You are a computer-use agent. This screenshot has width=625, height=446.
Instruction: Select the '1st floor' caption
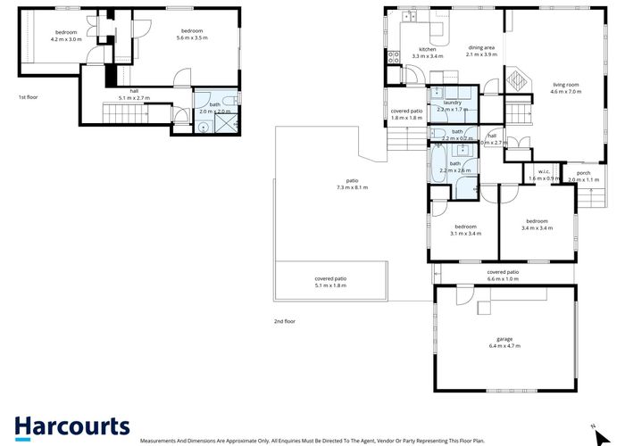coord(29,96)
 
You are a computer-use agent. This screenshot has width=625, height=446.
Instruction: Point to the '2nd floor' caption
coord(284,321)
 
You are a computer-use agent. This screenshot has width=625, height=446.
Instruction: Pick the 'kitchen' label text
coord(428,50)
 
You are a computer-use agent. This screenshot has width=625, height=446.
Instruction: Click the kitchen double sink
coord(410,15)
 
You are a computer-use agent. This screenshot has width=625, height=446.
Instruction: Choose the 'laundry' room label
coord(452,103)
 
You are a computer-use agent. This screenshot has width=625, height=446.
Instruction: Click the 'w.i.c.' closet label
coord(543,171)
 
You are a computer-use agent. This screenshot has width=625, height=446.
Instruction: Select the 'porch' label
coord(583,172)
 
